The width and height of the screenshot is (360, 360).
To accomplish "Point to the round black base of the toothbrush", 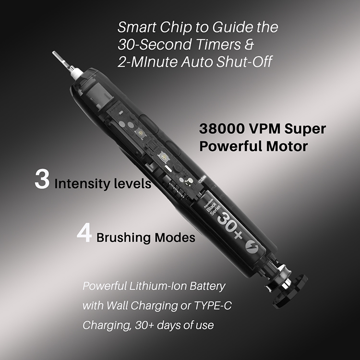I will [x=291, y=290].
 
